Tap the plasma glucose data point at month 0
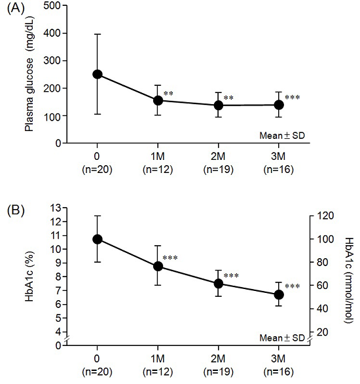click(98, 74)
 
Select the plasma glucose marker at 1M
click(158, 100)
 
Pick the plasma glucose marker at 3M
click(279, 105)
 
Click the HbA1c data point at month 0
click(98, 239)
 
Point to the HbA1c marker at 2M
click(219, 284)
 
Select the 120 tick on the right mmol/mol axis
click(321, 216)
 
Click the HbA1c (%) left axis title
click(29, 277)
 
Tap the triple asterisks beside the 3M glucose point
click(293, 98)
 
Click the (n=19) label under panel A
click(219, 173)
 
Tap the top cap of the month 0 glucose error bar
click(98, 34)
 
